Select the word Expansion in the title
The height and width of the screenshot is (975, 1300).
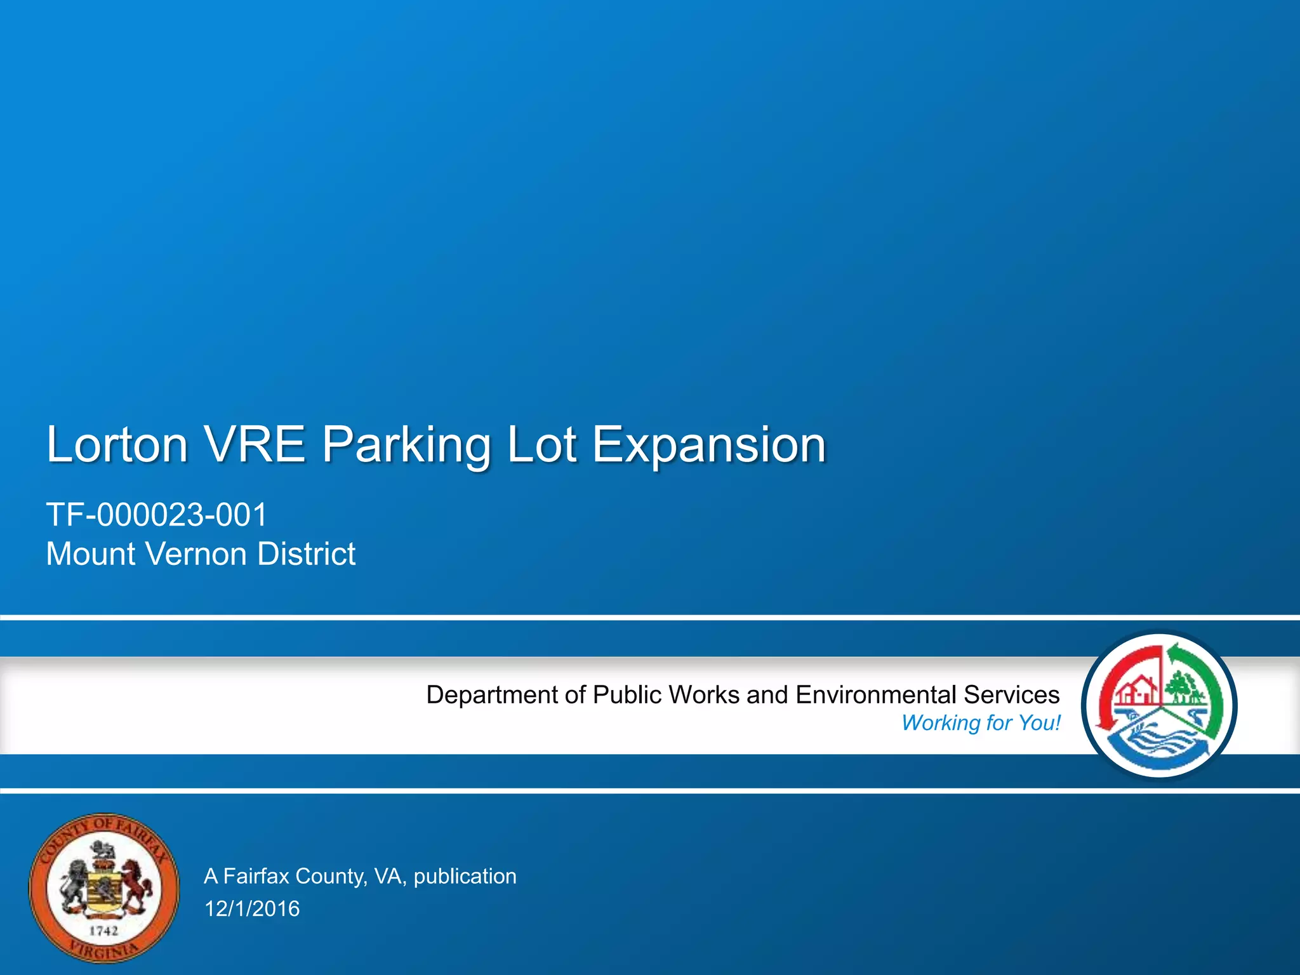click(709, 446)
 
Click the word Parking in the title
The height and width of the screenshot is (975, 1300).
click(406, 446)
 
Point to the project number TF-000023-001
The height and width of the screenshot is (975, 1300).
click(157, 514)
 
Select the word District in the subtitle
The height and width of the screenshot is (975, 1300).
click(307, 554)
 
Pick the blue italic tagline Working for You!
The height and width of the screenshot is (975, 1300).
click(981, 723)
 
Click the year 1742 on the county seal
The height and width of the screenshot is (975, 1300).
click(103, 931)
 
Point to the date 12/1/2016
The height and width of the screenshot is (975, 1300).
click(252, 909)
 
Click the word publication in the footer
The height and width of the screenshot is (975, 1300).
click(465, 877)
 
